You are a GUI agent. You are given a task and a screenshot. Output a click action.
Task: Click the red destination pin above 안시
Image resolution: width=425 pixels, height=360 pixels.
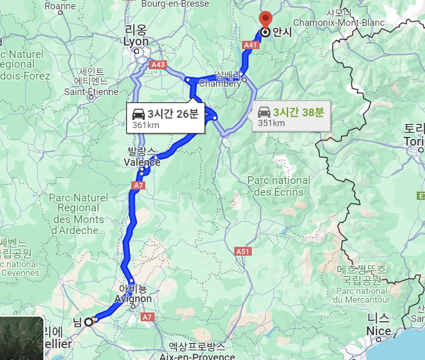265,19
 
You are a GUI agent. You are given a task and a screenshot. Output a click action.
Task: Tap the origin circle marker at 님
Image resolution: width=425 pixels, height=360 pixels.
88,322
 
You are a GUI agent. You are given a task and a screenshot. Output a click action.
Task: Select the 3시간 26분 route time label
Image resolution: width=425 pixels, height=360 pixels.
173,114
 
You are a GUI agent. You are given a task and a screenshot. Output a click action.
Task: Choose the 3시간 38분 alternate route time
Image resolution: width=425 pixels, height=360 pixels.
298,112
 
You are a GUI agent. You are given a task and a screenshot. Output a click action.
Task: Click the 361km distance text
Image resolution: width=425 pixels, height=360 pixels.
146,125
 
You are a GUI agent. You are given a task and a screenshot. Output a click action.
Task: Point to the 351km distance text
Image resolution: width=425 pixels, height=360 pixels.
271,123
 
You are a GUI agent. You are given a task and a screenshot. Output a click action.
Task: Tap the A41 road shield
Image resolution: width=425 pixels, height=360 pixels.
251,45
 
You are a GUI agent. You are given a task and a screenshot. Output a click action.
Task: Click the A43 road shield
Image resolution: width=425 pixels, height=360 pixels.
158,65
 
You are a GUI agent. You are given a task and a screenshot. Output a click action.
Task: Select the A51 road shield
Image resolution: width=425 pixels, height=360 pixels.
243,252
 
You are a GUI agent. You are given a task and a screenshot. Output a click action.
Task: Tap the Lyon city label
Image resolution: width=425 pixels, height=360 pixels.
136,42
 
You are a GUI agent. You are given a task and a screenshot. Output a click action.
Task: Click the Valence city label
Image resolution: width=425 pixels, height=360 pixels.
142,162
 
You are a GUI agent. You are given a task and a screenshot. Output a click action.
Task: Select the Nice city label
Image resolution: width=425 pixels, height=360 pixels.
379,331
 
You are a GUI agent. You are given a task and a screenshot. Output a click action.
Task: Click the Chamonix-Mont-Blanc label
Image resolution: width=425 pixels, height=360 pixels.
339,23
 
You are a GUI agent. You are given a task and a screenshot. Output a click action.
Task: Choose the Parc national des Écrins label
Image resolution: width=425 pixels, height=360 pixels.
279,186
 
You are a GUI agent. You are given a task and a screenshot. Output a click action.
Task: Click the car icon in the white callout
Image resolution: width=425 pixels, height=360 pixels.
139,114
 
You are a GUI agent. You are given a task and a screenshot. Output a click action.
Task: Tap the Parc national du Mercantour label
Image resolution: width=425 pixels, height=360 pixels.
361,295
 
